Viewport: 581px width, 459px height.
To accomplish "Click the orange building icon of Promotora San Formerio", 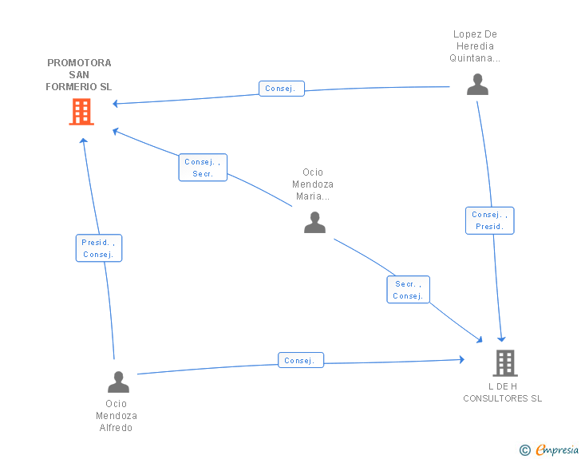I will coord(81,112).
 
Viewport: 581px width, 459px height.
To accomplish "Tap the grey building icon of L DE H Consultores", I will coord(504,363).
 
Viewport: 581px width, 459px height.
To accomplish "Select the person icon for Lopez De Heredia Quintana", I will coord(477,85).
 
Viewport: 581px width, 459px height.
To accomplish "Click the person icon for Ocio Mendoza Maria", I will coord(314,223).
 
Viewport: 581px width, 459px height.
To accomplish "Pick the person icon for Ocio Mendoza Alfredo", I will coord(118,382).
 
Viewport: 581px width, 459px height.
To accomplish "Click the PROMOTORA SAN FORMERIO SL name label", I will coord(79,74).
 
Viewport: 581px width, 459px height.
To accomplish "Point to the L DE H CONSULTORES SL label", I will coord(503,392).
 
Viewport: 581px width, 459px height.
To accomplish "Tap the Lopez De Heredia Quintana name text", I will coord(475,46).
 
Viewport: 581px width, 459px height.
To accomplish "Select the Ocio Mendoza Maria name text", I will coord(313,184).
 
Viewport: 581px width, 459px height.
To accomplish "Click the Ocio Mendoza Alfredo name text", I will coord(117,415).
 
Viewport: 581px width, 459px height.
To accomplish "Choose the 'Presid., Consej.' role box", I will coord(99,248).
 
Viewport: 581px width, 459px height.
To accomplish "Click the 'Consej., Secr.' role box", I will coord(203,168).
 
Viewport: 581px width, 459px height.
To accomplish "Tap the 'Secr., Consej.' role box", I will coord(408,290).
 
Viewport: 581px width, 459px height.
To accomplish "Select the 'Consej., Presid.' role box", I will coord(489,220).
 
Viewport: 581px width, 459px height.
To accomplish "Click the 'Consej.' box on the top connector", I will coord(281,89).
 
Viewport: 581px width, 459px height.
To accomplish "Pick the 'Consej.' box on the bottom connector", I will coord(300,360).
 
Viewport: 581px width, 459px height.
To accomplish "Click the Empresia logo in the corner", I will coord(557,449).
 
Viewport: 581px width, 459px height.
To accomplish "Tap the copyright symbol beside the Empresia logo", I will coord(525,450).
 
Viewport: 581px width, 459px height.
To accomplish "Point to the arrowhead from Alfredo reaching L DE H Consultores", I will coord(461,360).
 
